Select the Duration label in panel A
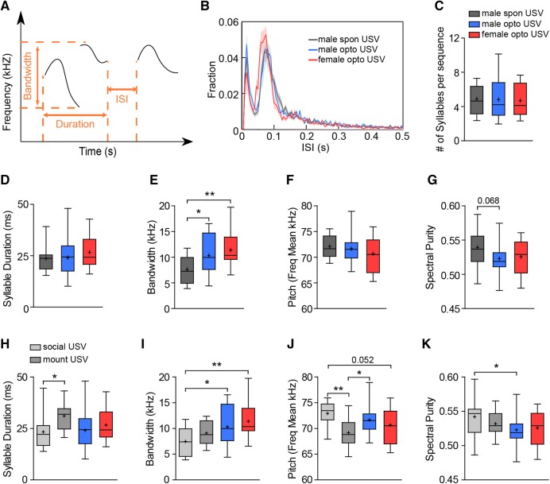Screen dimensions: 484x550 (x=72, y=125)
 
